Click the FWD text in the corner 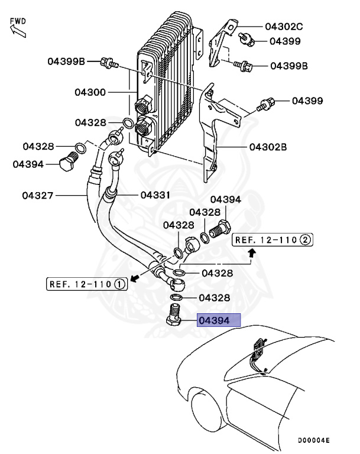click(x=18, y=21)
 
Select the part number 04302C click(x=284, y=27)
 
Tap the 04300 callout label click(x=90, y=92)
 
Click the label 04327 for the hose click(x=39, y=195)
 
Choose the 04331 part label click(x=155, y=195)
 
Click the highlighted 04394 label click(x=219, y=321)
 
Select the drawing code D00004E click(x=313, y=441)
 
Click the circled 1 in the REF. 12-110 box click(x=119, y=284)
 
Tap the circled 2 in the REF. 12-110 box click(x=305, y=239)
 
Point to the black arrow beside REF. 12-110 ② click(x=252, y=254)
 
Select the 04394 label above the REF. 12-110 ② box click(x=225, y=200)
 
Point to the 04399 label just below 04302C click(x=286, y=41)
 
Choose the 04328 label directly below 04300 click(x=90, y=122)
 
